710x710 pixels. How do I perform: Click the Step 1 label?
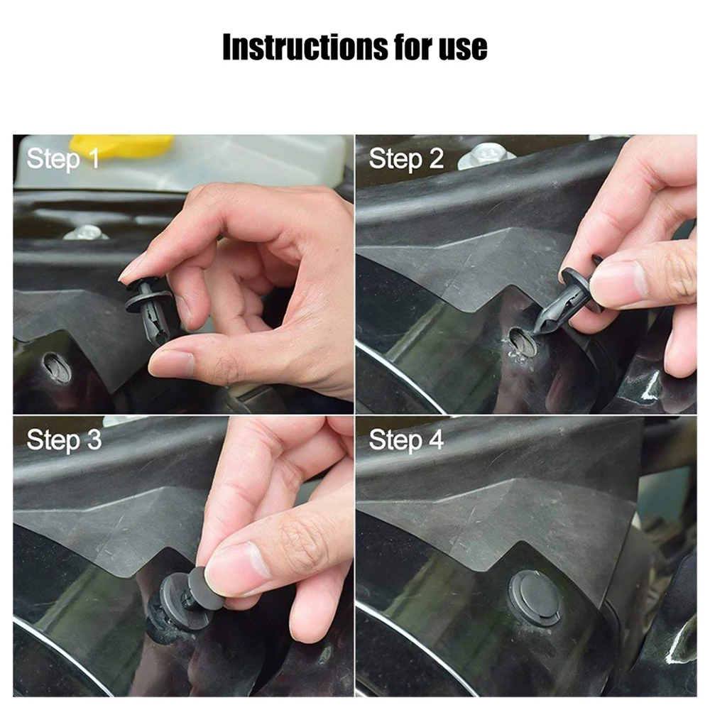coord(62,159)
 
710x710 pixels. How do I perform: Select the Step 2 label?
coord(406,159)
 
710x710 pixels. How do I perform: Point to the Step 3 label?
coord(64,440)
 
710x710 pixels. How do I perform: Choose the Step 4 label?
coord(406,440)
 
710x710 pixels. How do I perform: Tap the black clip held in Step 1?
coord(148,310)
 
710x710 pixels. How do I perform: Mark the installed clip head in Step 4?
coord(535,599)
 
